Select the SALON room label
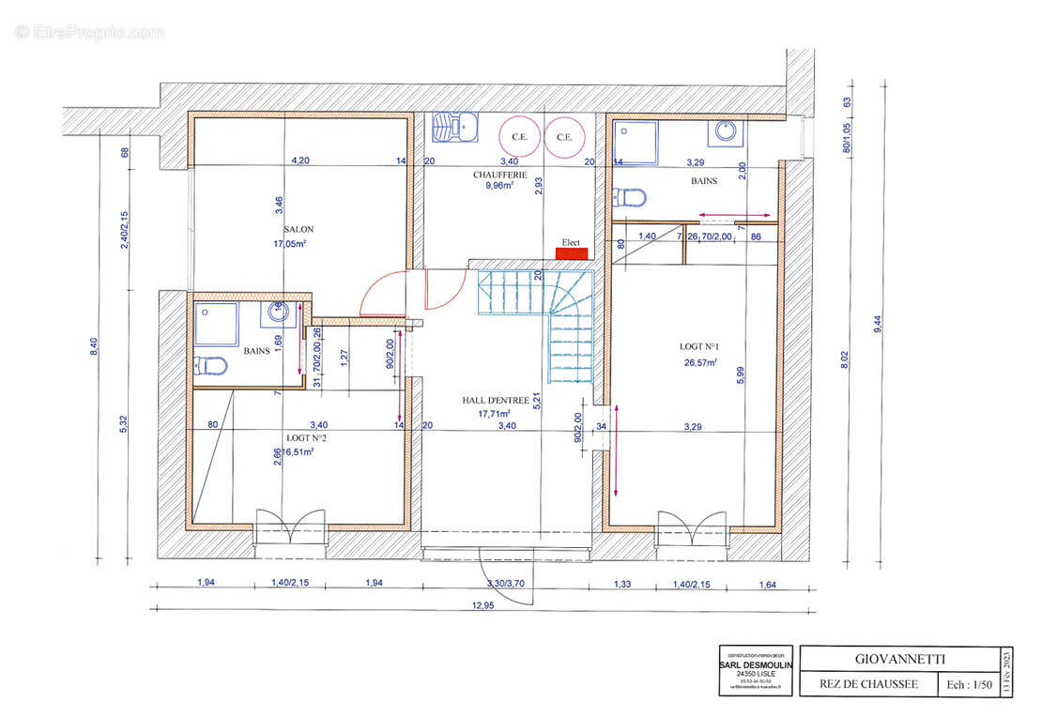[x=299, y=229]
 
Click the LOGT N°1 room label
[x=699, y=346]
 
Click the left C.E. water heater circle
[x=518, y=136]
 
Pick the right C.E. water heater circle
[x=563, y=136]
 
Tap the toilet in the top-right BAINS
[x=630, y=197]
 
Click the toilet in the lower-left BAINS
[x=212, y=365]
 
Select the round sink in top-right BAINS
[x=726, y=131]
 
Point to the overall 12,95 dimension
[x=483, y=605]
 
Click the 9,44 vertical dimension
[x=877, y=324]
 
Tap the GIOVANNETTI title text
[x=900, y=660]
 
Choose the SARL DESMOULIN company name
[x=757, y=664]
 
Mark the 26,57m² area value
[x=699, y=361]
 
